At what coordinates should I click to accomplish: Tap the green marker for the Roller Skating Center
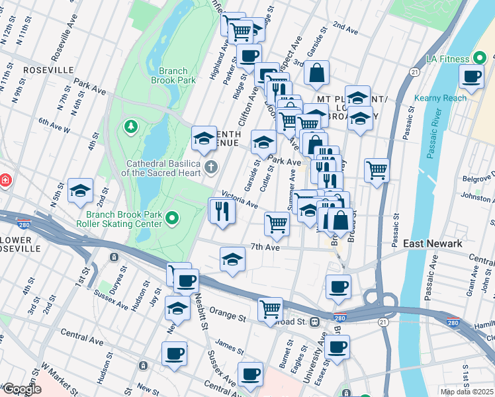click(x=173, y=217)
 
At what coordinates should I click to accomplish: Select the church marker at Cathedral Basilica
click(x=211, y=166)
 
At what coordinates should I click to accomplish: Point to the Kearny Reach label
click(x=440, y=98)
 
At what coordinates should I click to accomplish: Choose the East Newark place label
click(x=433, y=243)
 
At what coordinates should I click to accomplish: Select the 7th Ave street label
click(x=266, y=247)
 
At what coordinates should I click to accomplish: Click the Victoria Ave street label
click(x=240, y=199)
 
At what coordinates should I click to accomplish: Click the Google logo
click(x=21, y=389)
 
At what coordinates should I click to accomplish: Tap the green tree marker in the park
click(x=131, y=126)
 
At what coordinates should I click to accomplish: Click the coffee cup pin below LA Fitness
click(x=472, y=77)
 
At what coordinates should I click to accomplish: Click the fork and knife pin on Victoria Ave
click(x=222, y=212)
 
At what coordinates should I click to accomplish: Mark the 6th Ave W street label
click(x=54, y=126)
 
